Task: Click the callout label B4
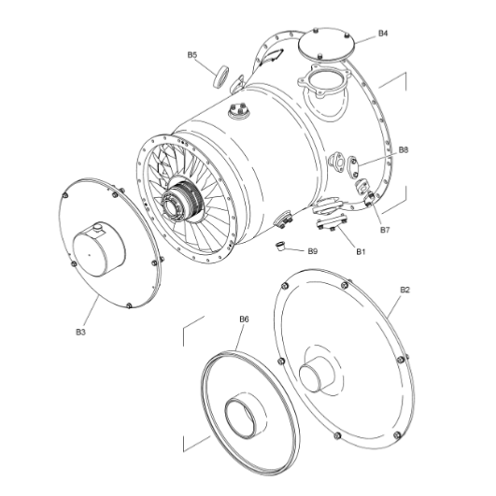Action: pos(383,34)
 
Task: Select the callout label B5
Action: pos(191,55)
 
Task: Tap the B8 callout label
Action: pos(404,149)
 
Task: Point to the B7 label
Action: pos(384,229)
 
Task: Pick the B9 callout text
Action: pos(313,251)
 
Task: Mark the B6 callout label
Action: pos(244,319)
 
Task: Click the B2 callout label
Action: pos(404,290)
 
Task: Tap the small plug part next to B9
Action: pos(278,247)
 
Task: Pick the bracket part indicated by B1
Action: pos(328,216)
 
